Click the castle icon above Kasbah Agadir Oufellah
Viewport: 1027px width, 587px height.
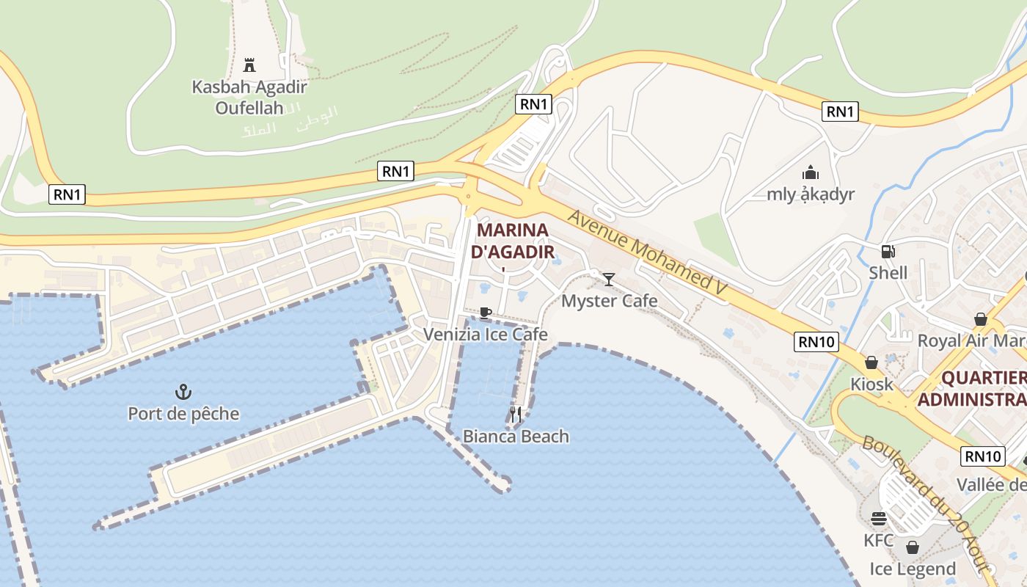point(249,65)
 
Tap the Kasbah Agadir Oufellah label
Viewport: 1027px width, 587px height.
point(249,98)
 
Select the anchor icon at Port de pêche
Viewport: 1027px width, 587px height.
point(183,391)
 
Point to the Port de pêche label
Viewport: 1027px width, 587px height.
point(183,414)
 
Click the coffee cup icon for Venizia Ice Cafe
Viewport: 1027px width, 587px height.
point(485,313)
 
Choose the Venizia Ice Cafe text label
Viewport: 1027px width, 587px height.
point(486,335)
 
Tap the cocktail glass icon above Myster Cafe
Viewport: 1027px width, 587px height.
point(609,279)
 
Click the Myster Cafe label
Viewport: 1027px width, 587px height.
point(609,301)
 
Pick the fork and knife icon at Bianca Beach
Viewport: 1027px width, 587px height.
point(516,415)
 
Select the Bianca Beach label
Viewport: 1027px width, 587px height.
point(516,437)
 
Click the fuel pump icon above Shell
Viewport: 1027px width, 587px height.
point(888,252)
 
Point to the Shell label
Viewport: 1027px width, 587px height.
point(888,273)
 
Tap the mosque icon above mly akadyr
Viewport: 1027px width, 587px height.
point(811,172)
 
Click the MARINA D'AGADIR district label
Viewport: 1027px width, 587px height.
point(512,241)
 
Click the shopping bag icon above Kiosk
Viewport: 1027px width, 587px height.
point(871,362)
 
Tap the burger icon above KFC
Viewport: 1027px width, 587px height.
point(879,519)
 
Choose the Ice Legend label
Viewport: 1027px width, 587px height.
point(913,569)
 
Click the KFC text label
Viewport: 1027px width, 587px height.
point(878,541)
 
